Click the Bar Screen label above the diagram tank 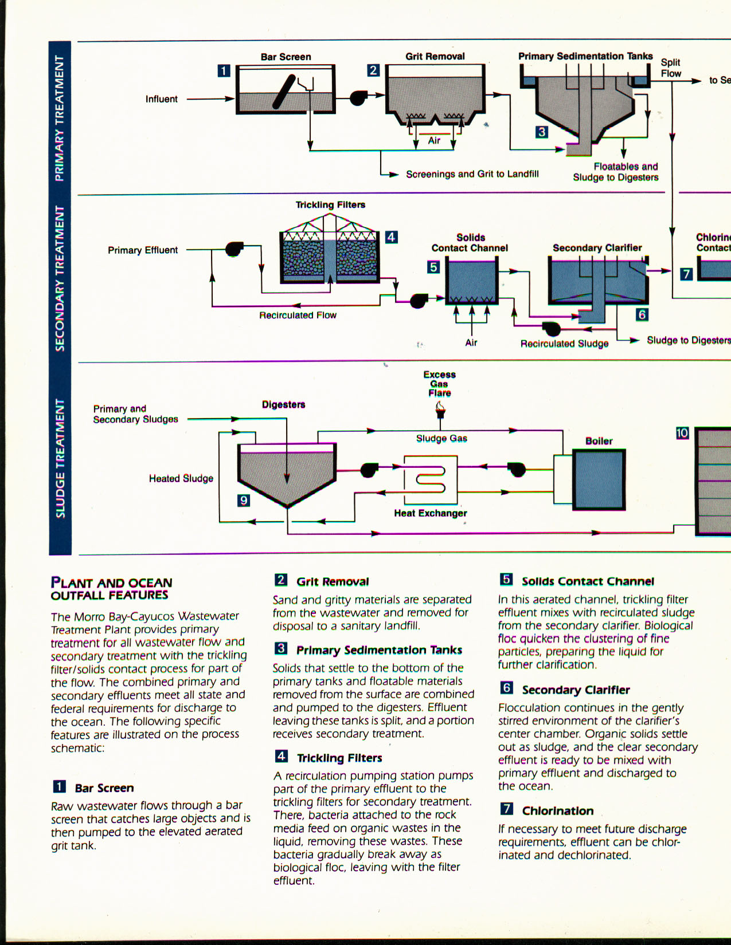click(286, 57)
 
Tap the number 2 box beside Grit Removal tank click(373, 70)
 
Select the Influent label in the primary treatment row click(161, 99)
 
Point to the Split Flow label click(671, 68)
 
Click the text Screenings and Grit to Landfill click(472, 174)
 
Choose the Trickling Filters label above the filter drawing click(330, 204)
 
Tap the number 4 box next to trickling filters click(391, 237)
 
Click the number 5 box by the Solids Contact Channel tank click(433, 267)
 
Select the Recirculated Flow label click(298, 315)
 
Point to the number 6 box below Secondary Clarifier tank click(642, 314)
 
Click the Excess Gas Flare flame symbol click(440, 408)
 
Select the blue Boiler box click(599, 479)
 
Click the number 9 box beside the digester click(244, 501)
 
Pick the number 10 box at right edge click(682, 433)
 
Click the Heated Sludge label click(181, 478)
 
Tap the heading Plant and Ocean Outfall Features click(111, 589)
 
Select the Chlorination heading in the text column click(557, 810)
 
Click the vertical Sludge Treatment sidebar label click(60, 458)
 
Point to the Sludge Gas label click(441, 439)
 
